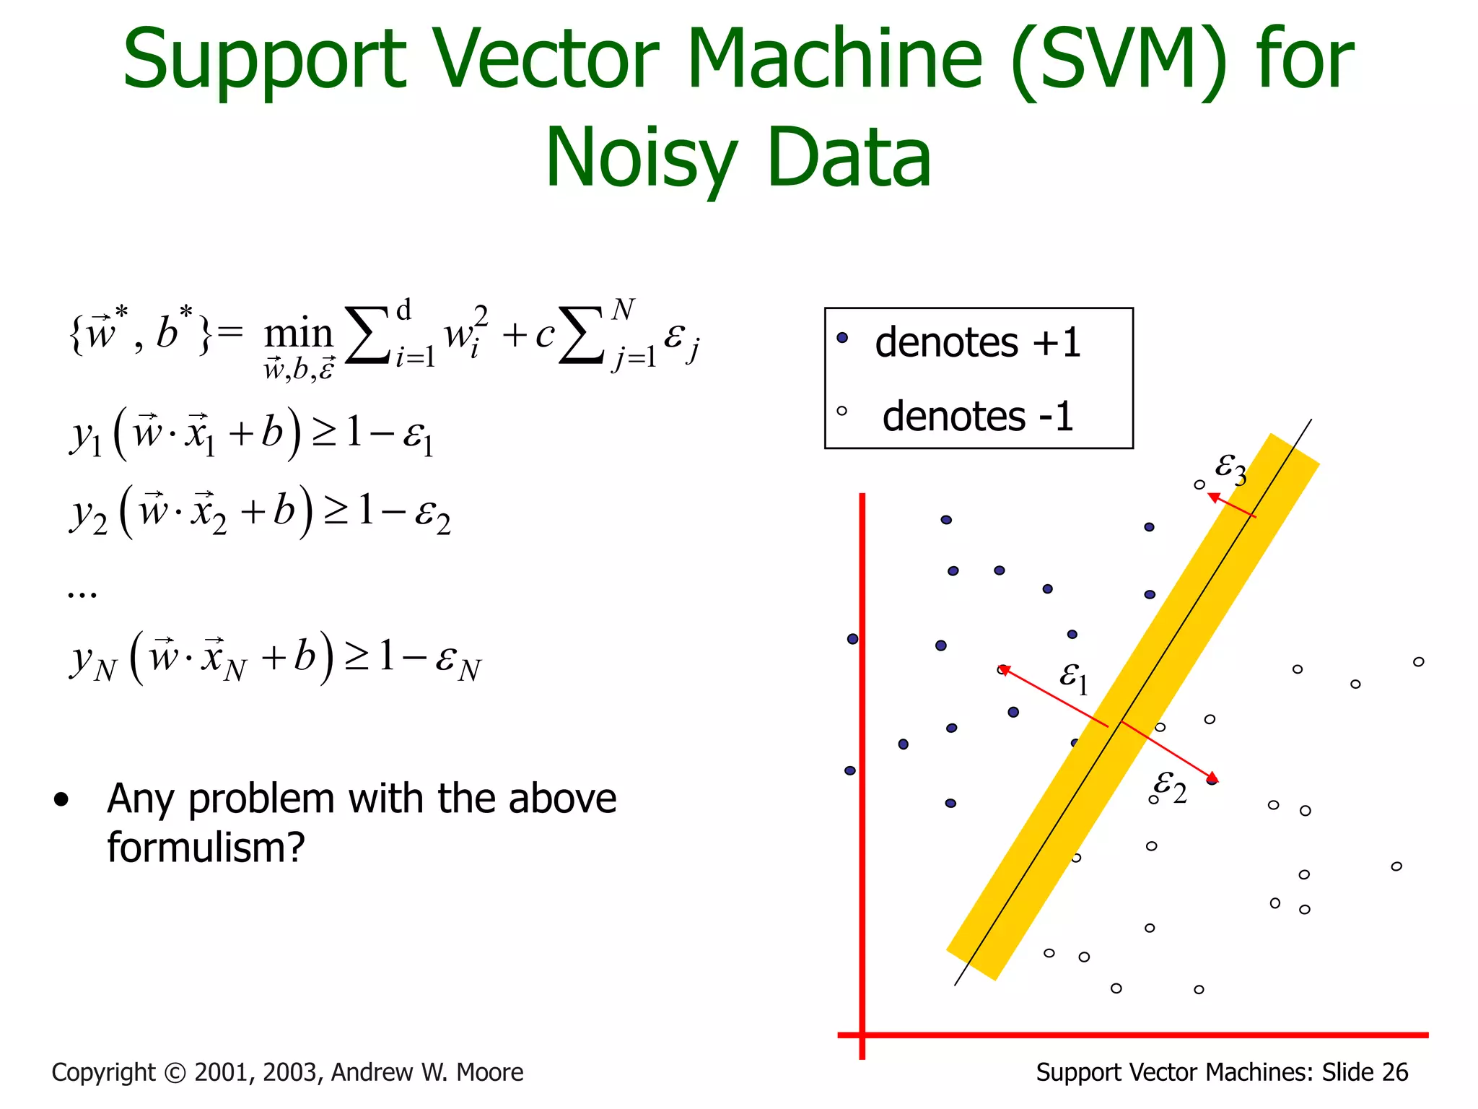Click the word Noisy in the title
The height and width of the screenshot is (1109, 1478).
(641, 157)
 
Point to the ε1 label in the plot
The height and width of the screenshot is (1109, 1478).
(1073, 677)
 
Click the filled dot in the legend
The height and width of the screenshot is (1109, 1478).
(842, 338)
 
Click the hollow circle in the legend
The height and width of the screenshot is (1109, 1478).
(841, 412)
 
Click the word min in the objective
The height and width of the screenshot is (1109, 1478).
(298, 334)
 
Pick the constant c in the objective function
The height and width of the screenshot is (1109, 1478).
(544, 334)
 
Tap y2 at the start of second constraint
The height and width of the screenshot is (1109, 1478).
(89, 514)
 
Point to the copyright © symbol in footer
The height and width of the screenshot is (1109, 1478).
(175, 1073)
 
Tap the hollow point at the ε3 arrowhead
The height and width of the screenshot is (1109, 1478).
(1199, 484)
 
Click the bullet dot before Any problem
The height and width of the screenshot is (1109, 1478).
(61, 799)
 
